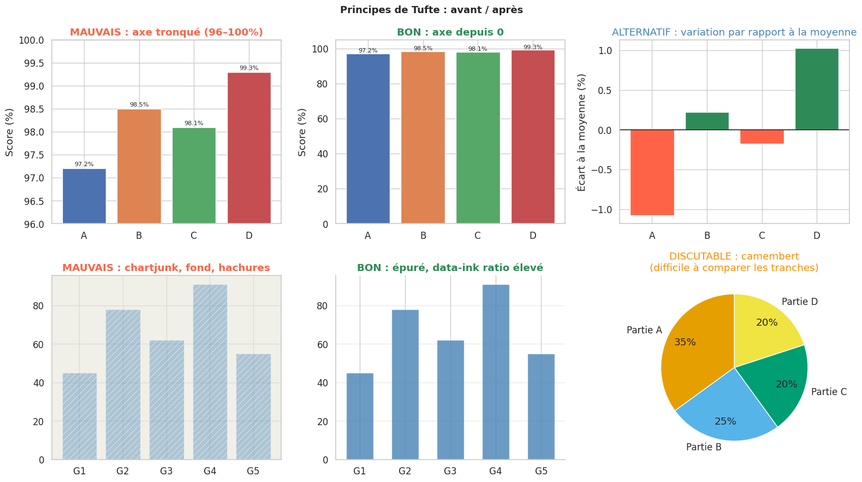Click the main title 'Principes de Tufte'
[x=431, y=10]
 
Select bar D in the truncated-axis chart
[x=249, y=148]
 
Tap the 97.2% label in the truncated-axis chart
[x=84, y=164]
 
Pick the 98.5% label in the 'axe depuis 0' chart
[x=423, y=49]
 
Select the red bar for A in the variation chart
[x=652, y=172]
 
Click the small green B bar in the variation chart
[x=707, y=121]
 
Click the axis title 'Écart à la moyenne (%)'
[x=581, y=132]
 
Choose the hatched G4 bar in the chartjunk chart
[x=210, y=372]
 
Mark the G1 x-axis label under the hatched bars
[x=80, y=471]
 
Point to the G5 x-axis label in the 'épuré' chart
[x=541, y=471]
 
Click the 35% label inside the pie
[x=685, y=342]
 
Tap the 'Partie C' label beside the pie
[x=829, y=392]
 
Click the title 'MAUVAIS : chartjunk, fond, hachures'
[x=166, y=268]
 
